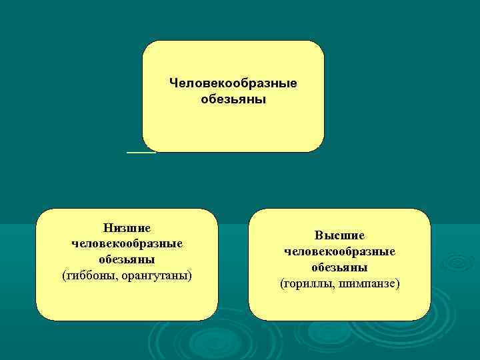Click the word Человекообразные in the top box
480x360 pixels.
pos(233,83)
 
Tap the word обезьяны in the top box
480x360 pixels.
pos(233,99)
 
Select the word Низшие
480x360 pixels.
pos(127,229)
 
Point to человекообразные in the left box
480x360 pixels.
pos(127,244)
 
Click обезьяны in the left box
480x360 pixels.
pos(127,259)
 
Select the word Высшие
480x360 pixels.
pos(339,236)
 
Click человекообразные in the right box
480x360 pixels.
pos(339,251)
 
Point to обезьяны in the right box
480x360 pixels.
pos(339,267)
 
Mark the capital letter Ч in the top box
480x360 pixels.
pos(173,83)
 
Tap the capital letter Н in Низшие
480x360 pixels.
pos(107,229)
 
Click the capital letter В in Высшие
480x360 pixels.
pos(319,236)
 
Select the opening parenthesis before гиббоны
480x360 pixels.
pos(63,275)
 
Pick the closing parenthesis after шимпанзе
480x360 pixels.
pos(398,283)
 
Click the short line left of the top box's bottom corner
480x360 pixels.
pos(141,152)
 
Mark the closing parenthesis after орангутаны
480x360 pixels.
pos(190,275)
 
